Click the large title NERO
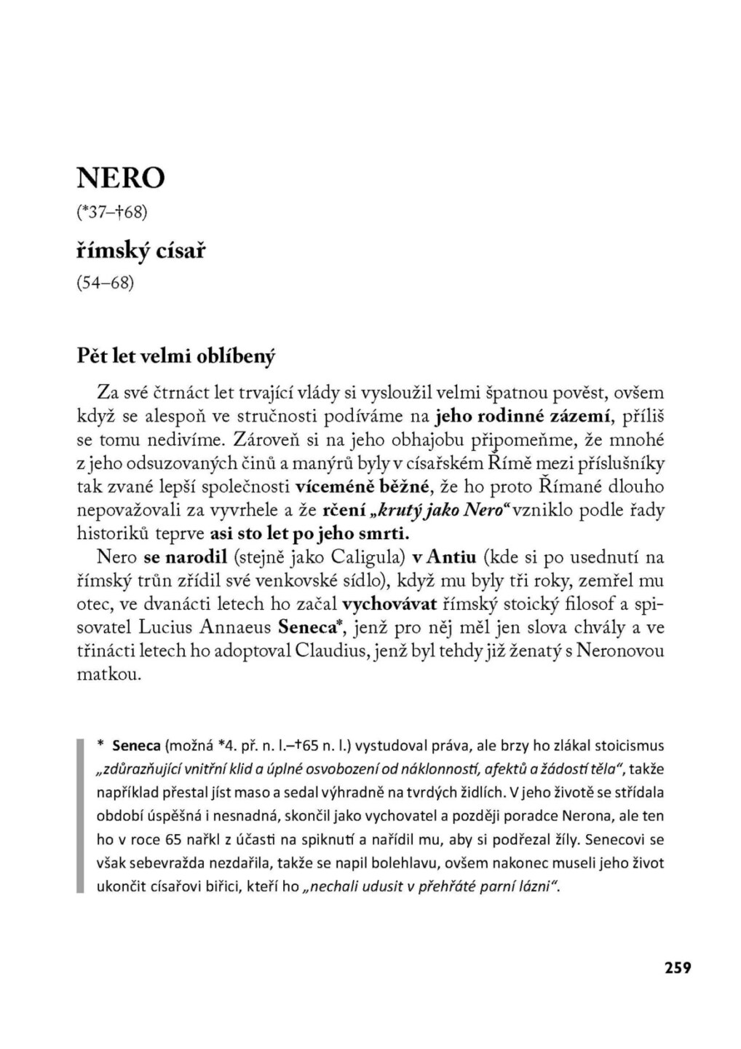(121, 177)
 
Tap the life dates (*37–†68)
(112, 212)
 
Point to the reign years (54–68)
(106, 282)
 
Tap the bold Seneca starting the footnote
(137, 746)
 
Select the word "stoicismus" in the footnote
(630, 746)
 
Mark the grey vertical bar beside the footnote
(80, 815)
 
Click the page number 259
(677, 967)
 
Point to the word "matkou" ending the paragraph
(108, 674)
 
